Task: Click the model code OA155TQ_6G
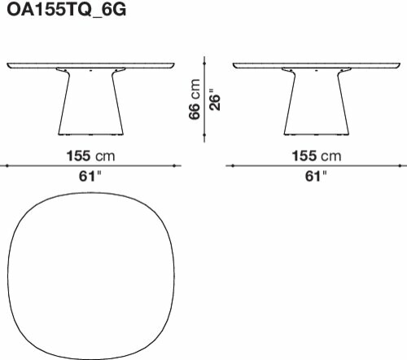[x=67, y=10]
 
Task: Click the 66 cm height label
[x=195, y=99]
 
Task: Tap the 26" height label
[x=215, y=99]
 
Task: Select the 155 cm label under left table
[x=90, y=156]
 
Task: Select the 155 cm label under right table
[x=317, y=156]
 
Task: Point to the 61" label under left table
[x=90, y=176]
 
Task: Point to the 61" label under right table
[x=316, y=176]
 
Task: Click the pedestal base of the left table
[x=91, y=102]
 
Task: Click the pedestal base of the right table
[x=317, y=102]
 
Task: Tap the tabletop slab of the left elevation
[x=90, y=65]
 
